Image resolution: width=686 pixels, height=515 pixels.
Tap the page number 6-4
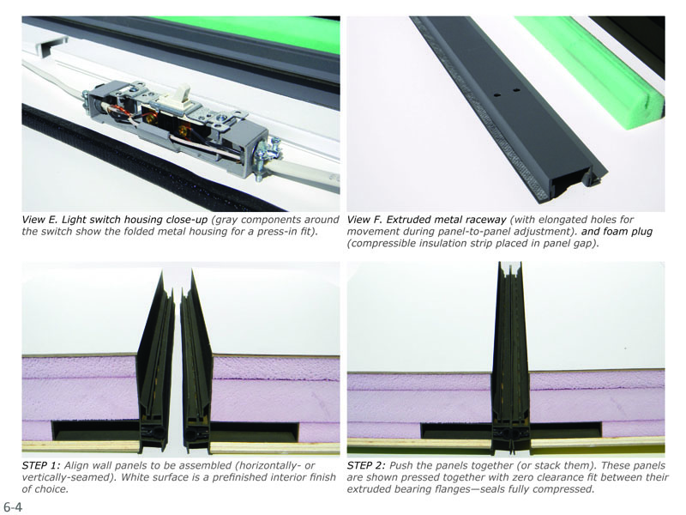pyautogui.click(x=13, y=507)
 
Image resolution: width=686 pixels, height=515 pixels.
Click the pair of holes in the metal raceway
pyautogui.click(x=505, y=93)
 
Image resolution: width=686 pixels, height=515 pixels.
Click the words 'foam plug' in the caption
pyautogui.click(x=629, y=231)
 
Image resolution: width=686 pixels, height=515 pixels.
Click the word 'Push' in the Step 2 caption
pyautogui.click(x=400, y=465)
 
